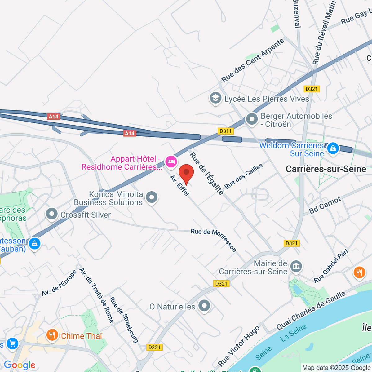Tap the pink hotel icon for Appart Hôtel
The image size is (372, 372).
point(170,161)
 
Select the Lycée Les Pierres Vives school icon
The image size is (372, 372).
point(215,98)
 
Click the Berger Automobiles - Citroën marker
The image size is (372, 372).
point(252,119)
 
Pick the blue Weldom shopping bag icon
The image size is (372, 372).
point(333,148)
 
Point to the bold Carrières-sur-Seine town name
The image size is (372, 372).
point(326,169)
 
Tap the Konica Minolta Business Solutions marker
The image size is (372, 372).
point(152,197)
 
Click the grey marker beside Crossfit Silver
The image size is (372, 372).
point(52,214)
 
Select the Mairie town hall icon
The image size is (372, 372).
point(296,266)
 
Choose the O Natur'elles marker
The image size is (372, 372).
point(204,306)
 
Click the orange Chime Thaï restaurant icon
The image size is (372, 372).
point(52,335)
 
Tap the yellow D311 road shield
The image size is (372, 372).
point(225,131)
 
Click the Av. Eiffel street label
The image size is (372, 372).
point(179,185)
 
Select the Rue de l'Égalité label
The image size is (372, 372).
point(207,173)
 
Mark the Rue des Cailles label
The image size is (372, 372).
point(244,176)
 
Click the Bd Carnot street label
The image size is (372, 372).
point(325,205)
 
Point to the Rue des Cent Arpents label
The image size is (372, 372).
point(253,61)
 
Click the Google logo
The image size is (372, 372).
point(20,365)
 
